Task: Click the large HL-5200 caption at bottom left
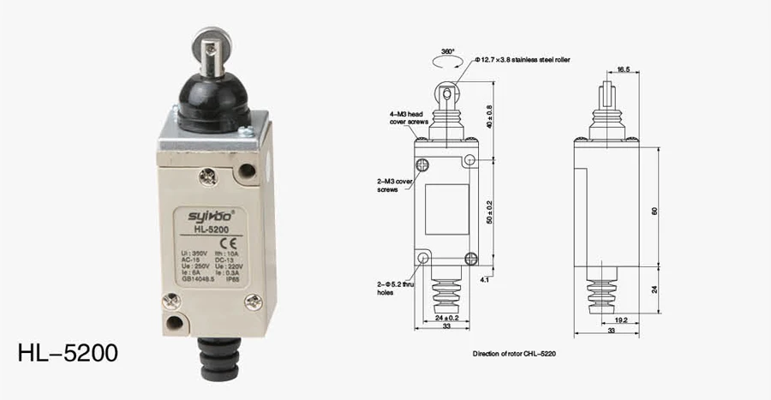pyautogui.click(x=68, y=353)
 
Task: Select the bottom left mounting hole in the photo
pyautogui.click(x=176, y=325)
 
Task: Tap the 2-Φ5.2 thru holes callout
pyautogui.click(x=397, y=286)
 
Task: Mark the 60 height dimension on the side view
pyautogui.click(x=655, y=211)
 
